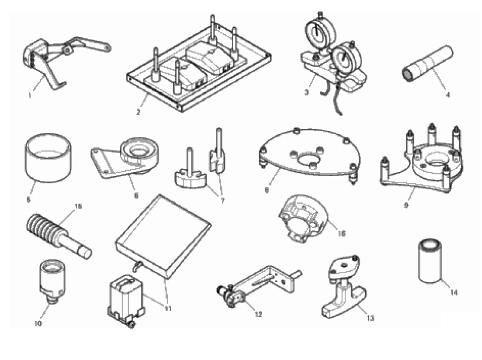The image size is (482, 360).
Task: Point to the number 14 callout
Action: pos(454,292)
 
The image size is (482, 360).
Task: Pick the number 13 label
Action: pos(370,318)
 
